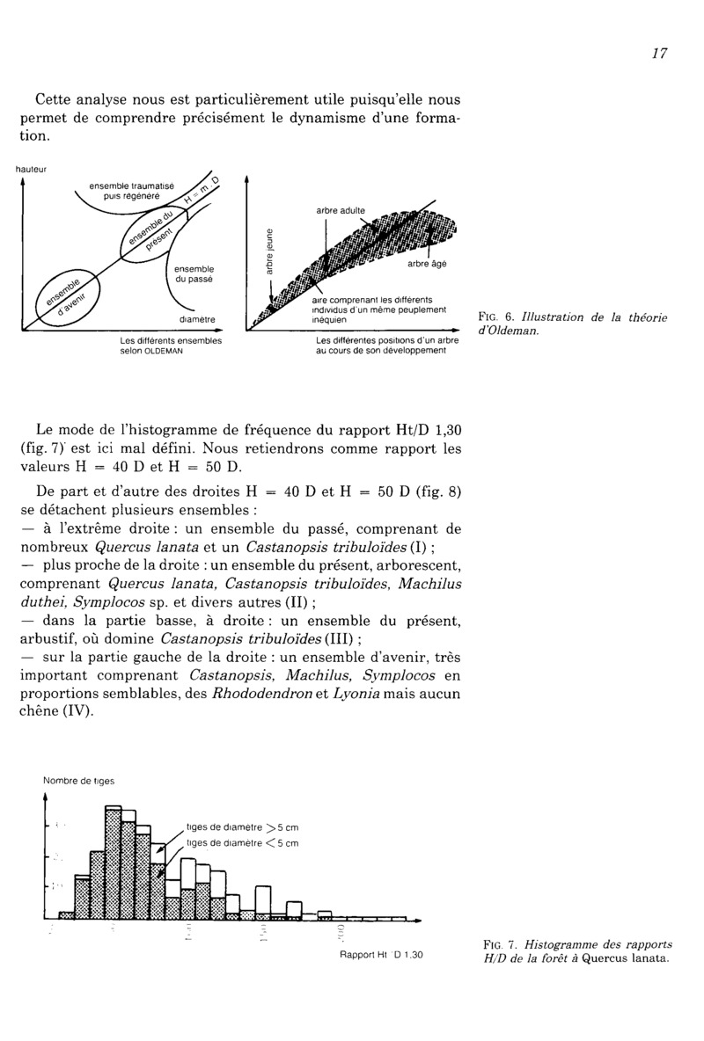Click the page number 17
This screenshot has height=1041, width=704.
pos(660,53)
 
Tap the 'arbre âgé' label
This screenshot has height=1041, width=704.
pos(426,264)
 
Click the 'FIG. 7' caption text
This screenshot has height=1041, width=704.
pos(576,951)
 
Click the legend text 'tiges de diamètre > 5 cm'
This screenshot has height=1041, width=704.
pos(242,827)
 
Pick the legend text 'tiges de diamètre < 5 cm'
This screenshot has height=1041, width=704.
pos(242,842)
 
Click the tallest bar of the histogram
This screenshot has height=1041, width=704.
pos(113,862)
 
